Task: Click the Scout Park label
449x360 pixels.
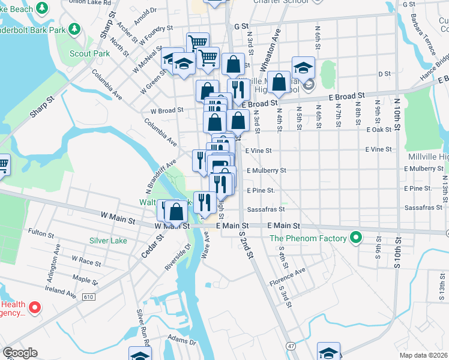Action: point(94,53)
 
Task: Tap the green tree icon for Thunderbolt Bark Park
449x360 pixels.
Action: point(74,28)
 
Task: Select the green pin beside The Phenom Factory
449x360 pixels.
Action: point(355,238)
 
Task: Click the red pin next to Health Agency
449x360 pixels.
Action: point(34,308)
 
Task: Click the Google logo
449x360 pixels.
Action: point(20,353)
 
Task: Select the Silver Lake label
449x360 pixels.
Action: point(108,241)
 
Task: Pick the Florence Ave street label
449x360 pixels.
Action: point(287,277)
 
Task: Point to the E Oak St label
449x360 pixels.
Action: point(379,130)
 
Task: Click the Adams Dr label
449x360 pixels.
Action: point(181,340)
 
